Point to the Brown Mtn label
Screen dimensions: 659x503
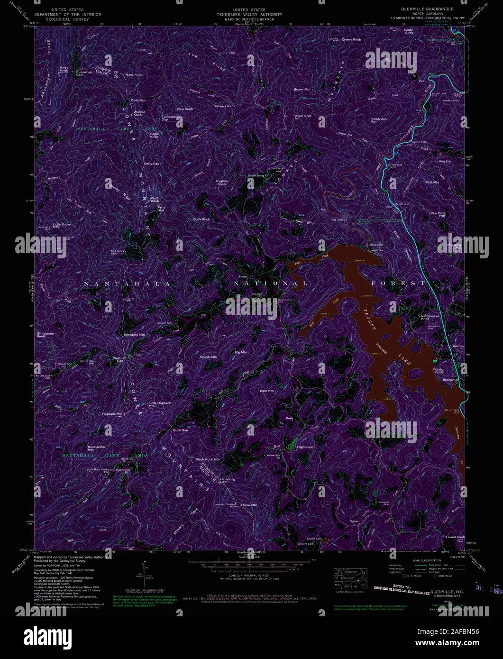[302, 89]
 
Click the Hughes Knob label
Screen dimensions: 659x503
[221, 182]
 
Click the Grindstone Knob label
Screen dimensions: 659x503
[45, 335]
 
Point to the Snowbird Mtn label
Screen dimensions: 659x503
[134, 335]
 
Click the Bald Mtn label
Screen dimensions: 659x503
[267, 391]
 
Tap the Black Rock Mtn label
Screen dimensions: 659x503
[207, 459]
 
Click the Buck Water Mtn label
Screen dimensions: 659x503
[96, 448]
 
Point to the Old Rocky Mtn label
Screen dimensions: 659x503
[118, 252]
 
